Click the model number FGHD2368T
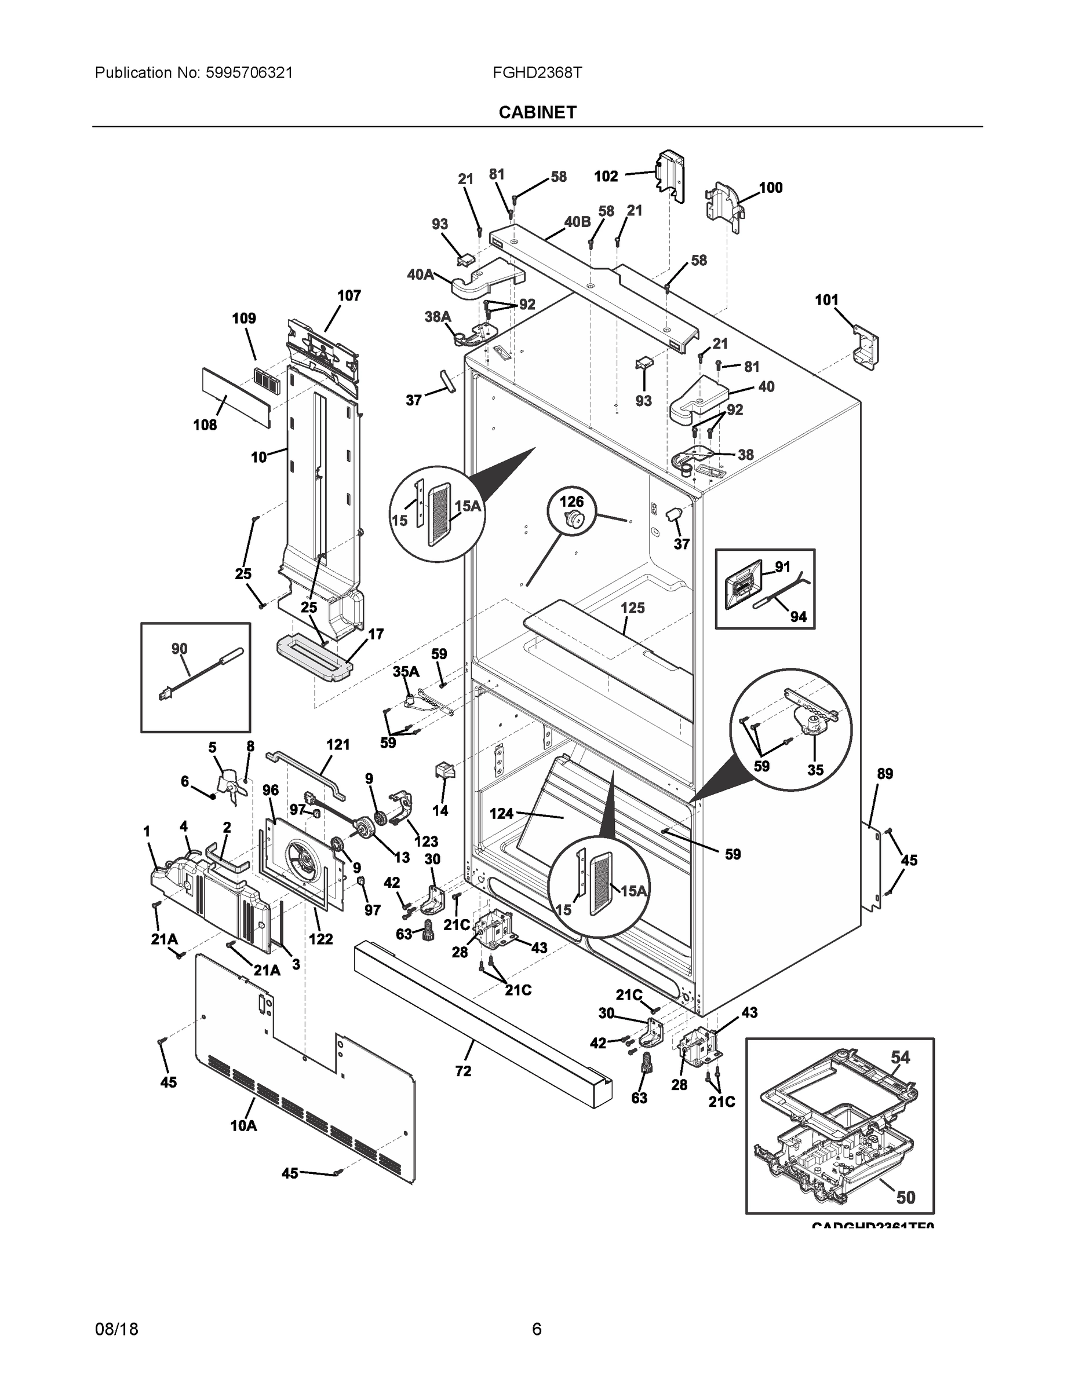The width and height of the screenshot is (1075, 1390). tap(537, 72)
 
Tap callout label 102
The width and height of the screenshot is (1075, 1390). tap(606, 176)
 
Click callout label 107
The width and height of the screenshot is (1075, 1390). tap(348, 295)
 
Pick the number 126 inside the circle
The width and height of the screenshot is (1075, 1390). tap(571, 502)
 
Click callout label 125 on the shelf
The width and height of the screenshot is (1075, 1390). tap(632, 608)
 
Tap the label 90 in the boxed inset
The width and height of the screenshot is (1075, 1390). tap(180, 649)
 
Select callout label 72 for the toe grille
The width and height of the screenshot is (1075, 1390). tap(463, 1071)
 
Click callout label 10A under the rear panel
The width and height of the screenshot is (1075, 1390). tap(243, 1126)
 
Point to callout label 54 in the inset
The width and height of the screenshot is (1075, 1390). tap(900, 1058)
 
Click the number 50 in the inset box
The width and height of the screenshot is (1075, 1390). tap(905, 1198)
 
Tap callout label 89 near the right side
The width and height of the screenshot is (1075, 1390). tap(884, 774)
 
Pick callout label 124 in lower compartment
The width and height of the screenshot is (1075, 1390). tap(501, 813)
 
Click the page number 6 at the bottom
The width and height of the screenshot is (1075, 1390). tap(537, 1329)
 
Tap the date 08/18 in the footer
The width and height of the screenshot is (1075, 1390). tap(116, 1329)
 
